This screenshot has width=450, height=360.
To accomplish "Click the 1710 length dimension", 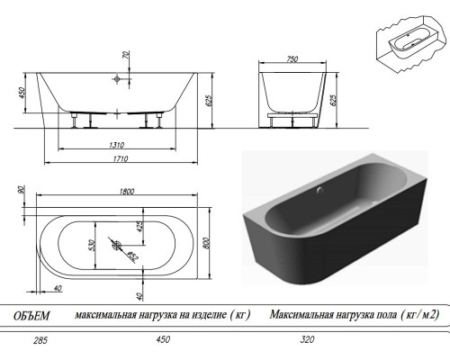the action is coord(121,158).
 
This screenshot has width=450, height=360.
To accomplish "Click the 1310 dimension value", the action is coord(117,145).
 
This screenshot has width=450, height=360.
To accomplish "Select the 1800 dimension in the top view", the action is coord(127,192).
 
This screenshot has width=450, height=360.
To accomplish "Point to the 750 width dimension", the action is coord(292,59).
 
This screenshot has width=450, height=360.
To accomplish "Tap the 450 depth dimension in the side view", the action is coord(22,93).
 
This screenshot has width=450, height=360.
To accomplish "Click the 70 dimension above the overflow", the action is coord(127,55).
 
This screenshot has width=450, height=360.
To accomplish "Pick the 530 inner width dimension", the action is coord(92,246).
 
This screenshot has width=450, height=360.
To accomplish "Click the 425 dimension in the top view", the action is coord(140,227).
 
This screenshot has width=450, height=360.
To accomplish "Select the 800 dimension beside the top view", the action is coord(206,243).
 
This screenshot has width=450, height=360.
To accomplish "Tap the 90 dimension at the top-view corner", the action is coord(22,190).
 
